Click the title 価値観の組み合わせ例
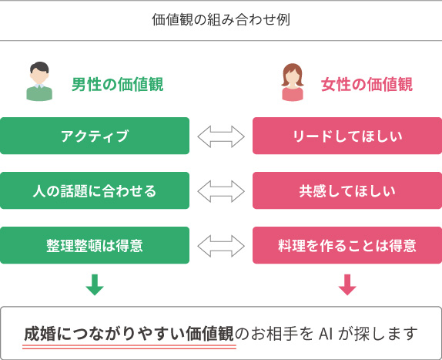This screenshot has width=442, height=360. pyautogui.click(x=221, y=20)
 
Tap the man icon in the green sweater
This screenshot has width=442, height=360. pyautogui.click(x=39, y=81)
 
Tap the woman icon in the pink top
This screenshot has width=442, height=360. pyautogui.click(x=293, y=82)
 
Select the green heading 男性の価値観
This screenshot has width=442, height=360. pyautogui.click(x=118, y=84)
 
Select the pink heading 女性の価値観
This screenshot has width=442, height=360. pyautogui.click(x=367, y=84)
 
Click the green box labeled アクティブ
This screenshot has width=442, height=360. pyautogui.click(x=95, y=136)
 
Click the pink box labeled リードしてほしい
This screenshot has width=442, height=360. pyautogui.click(x=347, y=136)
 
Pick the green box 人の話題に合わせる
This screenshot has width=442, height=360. pyautogui.click(x=95, y=190)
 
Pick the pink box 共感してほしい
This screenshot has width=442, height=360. pyautogui.click(x=347, y=190)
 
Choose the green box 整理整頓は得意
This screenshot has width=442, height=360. pyautogui.click(x=95, y=245)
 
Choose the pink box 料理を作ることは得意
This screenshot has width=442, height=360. pyautogui.click(x=347, y=245)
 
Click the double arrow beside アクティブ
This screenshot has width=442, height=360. pyautogui.click(x=221, y=136)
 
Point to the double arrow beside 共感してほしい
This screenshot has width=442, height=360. pyautogui.click(x=221, y=191)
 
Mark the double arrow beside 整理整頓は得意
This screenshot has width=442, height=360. pyautogui.click(x=221, y=246)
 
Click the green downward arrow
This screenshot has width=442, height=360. pyautogui.click(x=95, y=285)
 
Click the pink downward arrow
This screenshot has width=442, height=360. pyautogui.click(x=347, y=285)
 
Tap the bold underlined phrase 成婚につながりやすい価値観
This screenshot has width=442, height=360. pyautogui.click(x=129, y=334)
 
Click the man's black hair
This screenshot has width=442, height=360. pyautogui.click(x=39, y=67)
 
